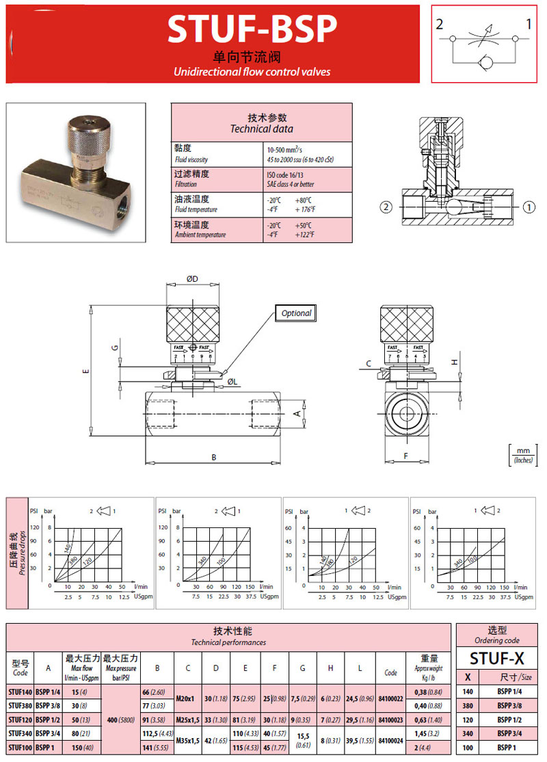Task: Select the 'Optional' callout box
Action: coord(296,313)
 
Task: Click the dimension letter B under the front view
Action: coord(213,456)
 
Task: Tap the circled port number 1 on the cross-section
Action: coord(529,205)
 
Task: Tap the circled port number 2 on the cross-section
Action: coord(386,205)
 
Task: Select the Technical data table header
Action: coord(261,122)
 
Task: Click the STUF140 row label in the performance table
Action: coord(21,691)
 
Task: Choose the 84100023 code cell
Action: coord(390,719)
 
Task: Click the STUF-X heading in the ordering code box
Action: coord(497,658)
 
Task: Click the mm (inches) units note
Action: coord(524,455)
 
